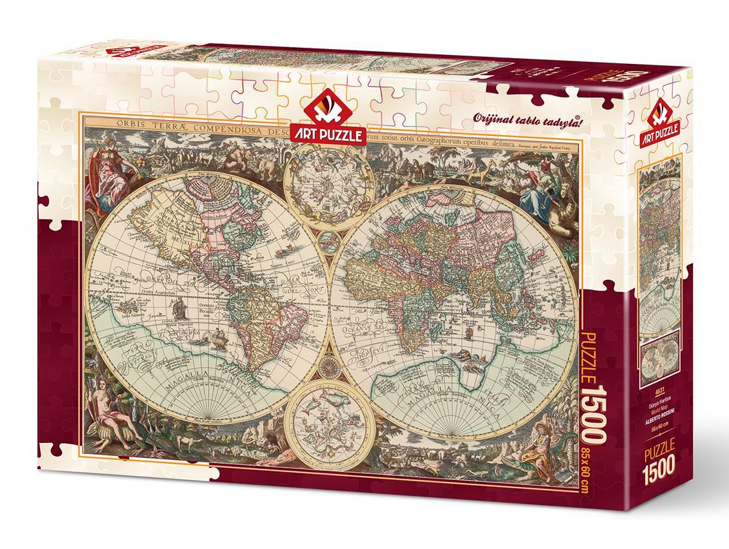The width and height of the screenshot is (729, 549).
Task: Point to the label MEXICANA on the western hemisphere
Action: click(x=158, y=223)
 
